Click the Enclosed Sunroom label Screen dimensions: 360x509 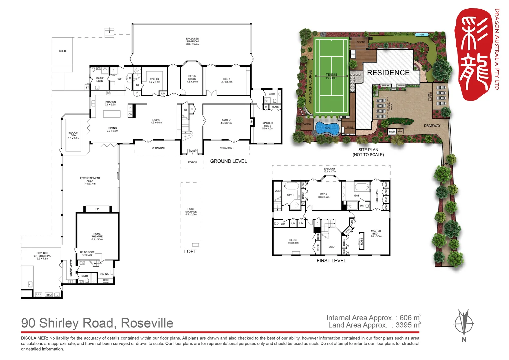coord(192,41)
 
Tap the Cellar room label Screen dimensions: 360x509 coord(154,81)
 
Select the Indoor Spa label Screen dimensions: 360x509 coord(73,135)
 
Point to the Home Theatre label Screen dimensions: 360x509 coord(97,237)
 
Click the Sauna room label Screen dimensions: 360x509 coord(104,274)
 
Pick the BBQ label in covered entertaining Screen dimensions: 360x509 coord(49,295)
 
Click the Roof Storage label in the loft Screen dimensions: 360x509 coord(191,212)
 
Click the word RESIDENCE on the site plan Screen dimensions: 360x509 coord(388,73)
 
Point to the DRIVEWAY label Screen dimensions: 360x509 coord(432,126)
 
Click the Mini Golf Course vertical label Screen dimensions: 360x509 coord(310,87)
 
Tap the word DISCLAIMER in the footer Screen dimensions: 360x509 coord(34,338)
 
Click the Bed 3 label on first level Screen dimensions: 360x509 coord(293,241)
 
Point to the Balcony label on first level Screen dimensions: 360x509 coord(329,170)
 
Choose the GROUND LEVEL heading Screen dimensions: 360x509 coord(229,161)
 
